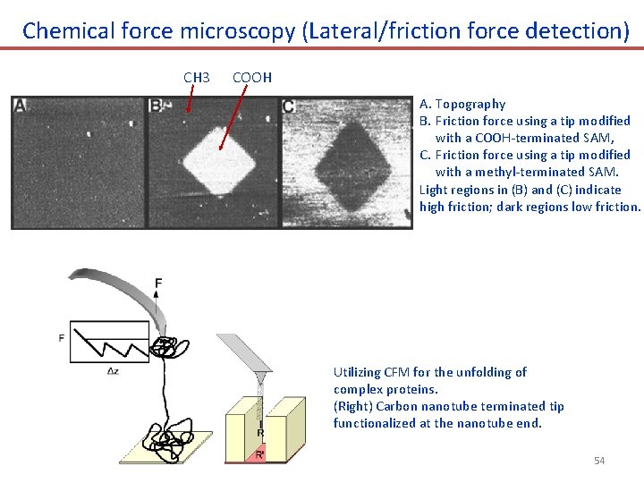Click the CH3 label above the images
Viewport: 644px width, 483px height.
coord(196,78)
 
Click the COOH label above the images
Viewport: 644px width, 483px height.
coord(252,78)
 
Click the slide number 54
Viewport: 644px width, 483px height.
coord(599,461)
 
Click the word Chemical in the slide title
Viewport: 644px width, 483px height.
coord(68,30)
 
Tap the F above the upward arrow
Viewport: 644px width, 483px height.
coord(158,284)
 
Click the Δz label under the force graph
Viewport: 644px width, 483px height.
coord(112,370)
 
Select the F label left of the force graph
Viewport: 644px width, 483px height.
coord(61,338)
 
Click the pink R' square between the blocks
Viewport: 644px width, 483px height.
coord(260,453)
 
